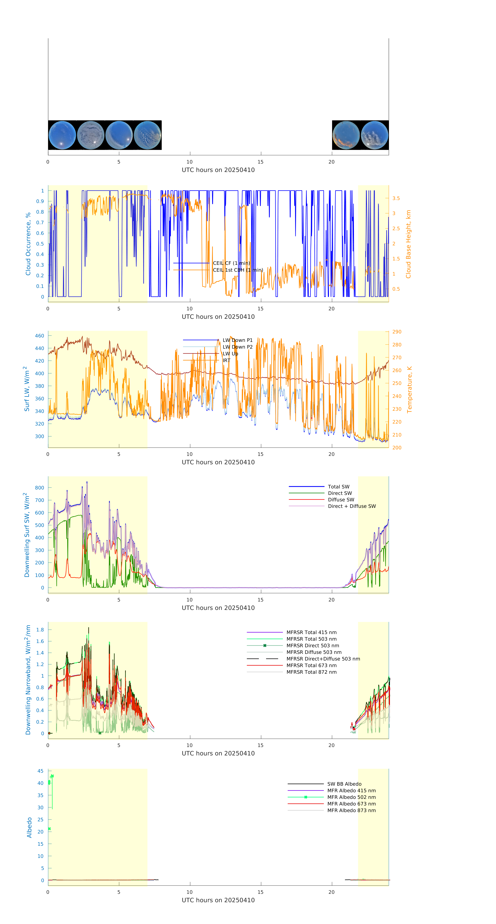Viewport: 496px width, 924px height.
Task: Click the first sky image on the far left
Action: [x=62, y=135]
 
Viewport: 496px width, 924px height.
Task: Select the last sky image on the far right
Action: [x=374, y=135]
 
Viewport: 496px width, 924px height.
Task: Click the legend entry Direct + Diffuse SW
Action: [x=351, y=506]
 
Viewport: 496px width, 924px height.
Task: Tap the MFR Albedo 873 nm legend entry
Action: [x=351, y=810]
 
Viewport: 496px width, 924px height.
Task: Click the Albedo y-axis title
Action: [x=29, y=827]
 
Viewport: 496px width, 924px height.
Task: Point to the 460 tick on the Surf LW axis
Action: [x=39, y=336]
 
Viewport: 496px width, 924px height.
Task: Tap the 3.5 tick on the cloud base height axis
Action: [x=396, y=198]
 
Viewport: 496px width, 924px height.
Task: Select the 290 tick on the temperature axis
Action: [x=397, y=332]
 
